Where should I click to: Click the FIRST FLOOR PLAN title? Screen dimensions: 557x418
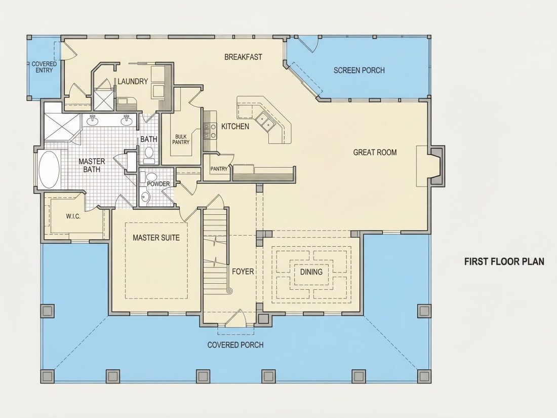(x=504, y=261)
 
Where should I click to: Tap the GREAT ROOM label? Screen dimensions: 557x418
(x=375, y=153)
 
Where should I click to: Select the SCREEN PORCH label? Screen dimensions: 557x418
(x=359, y=70)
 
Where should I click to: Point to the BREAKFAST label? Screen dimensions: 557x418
(x=244, y=57)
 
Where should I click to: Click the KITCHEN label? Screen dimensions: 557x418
(x=235, y=126)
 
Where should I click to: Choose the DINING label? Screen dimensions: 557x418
(x=311, y=272)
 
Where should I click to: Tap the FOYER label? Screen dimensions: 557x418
(x=243, y=272)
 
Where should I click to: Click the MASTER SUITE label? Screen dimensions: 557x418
(x=156, y=238)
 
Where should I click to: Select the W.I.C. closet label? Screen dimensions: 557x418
(x=73, y=216)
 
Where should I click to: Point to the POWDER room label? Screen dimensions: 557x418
(x=158, y=184)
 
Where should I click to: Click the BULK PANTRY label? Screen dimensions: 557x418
(x=181, y=139)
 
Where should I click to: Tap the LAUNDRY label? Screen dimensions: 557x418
(x=133, y=82)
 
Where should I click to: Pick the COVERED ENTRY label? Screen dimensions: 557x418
(x=44, y=67)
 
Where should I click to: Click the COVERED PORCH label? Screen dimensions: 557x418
(x=235, y=345)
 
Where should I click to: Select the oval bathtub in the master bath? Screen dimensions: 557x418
(x=49, y=170)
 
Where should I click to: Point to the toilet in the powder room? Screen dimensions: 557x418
(x=152, y=177)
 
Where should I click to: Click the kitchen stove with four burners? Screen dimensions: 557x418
(x=210, y=130)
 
